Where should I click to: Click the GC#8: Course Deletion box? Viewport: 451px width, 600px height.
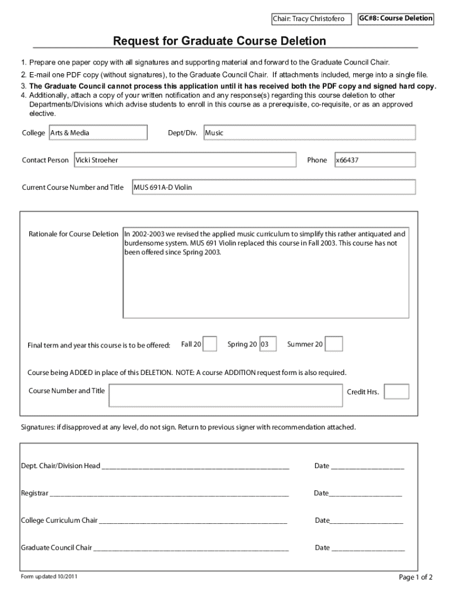[x=396, y=19]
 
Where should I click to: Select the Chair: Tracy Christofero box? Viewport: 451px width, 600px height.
[x=311, y=20]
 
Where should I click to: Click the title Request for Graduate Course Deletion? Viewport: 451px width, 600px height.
[x=220, y=41]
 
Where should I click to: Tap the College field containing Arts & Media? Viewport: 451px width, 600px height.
[x=97, y=133]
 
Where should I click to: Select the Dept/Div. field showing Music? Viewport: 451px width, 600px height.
[x=309, y=133]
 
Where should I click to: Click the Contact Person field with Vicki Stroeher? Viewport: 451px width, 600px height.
[x=184, y=160]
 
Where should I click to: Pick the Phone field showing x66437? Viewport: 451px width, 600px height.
[x=374, y=160]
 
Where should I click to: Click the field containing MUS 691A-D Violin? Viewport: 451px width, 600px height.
[x=274, y=187]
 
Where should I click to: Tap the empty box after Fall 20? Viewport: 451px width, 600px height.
[x=210, y=344]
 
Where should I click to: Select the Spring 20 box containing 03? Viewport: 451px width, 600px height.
[x=268, y=344]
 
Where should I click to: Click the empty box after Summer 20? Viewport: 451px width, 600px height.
[x=334, y=344]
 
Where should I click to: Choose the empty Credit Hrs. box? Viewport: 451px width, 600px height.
[x=397, y=391]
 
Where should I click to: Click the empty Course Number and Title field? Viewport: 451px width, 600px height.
[x=225, y=395]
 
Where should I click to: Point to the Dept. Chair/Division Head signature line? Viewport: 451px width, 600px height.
[x=195, y=467]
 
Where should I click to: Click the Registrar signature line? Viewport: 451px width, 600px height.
[x=169, y=494]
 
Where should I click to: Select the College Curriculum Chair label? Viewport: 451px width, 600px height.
[x=59, y=520]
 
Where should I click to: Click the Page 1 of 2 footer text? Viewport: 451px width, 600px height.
[x=415, y=577]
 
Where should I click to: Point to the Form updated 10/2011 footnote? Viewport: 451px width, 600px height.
[x=49, y=577]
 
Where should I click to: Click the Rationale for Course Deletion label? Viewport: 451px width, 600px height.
[x=73, y=234]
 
